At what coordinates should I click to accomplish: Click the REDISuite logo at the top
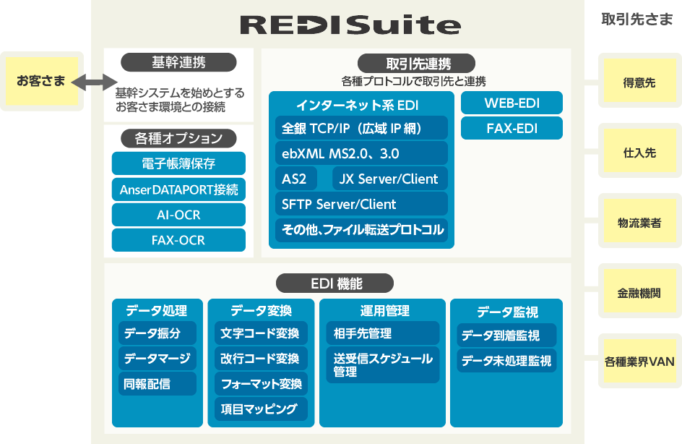(x=350, y=25)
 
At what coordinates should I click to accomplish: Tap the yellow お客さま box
(x=41, y=81)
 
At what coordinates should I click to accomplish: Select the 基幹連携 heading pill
(x=178, y=63)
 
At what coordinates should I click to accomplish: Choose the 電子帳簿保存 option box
(x=178, y=163)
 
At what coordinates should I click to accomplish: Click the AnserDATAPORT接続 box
(x=178, y=190)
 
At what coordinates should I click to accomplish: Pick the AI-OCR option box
(x=178, y=215)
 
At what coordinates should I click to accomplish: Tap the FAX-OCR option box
(x=178, y=240)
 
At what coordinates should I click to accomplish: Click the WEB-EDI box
(x=511, y=103)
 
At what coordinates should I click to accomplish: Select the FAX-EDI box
(x=511, y=129)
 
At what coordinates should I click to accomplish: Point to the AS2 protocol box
(x=295, y=179)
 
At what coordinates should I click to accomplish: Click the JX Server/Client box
(x=389, y=179)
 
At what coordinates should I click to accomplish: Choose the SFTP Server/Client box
(x=361, y=204)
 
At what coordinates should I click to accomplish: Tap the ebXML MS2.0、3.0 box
(x=361, y=154)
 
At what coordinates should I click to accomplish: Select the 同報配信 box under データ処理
(x=157, y=383)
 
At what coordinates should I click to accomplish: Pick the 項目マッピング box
(x=261, y=409)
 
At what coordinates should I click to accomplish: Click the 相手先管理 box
(x=382, y=333)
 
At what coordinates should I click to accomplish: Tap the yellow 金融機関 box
(x=639, y=294)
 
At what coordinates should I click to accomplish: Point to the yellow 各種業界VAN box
(x=639, y=362)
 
